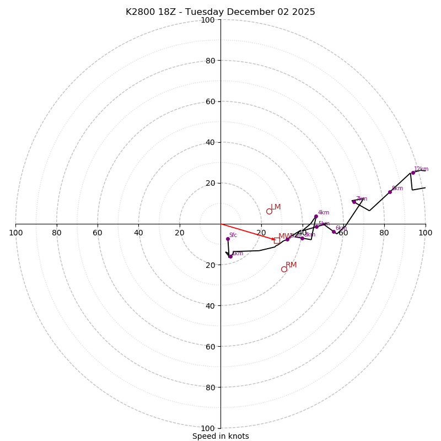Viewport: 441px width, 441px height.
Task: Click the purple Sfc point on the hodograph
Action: pyautogui.click(x=228, y=239)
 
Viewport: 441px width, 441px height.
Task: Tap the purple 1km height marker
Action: pyautogui.click(x=230, y=256)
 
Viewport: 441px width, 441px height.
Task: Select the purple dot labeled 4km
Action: pyautogui.click(x=316, y=216)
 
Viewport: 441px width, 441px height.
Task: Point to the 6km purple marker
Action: pyautogui.click(x=334, y=232)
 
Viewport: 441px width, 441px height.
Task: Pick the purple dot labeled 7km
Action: pyautogui.click(x=354, y=202)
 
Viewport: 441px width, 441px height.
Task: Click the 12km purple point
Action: pyautogui.click(x=413, y=173)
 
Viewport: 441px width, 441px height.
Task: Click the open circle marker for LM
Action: pyautogui.click(x=269, y=211)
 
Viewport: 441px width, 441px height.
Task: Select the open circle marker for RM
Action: pyautogui.click(x=284, y=269)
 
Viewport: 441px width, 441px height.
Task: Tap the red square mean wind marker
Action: pyautogui.click(x=277, y=240)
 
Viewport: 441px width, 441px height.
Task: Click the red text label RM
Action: pyautogui.click(x=291, y=265)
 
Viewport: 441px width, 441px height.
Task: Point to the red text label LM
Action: pyautogui.click(x=276, y=207)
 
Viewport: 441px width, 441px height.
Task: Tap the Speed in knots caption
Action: pyautogui.click(x=220, y=437)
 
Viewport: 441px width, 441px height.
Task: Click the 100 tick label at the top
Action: pyautogui.click(x=207, y=20)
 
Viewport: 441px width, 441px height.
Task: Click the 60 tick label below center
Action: pyautogui.click(x=209, y=346)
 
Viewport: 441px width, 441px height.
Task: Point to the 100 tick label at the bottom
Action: pyautogui.click(x=207, y=428)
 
